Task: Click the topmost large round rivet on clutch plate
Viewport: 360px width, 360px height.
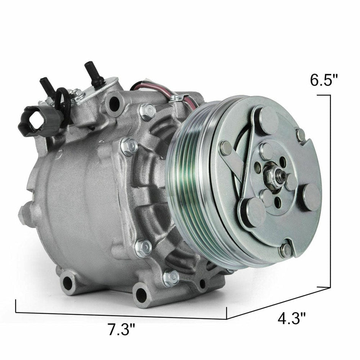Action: pyautogui.click(x=269, y=120)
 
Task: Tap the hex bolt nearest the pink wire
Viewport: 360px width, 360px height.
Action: pyautogui.click(x=147, y=111)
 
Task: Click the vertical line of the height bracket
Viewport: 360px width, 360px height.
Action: pyautogui.click(x=331, y=189)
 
